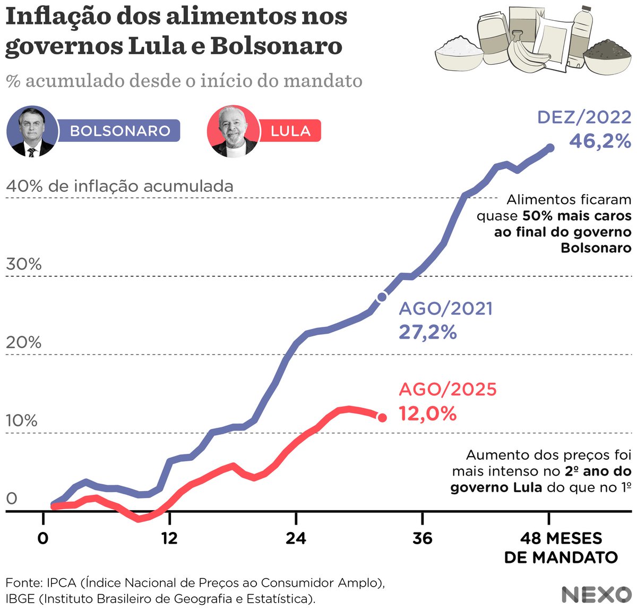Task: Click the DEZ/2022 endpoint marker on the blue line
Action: tap(550, 148)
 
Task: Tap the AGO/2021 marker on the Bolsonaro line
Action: tap(382, 297)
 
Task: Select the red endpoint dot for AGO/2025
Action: tap(382, 418)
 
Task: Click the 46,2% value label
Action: tap(600, 141)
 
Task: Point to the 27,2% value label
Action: tap(427, 333)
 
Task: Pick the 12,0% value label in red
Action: tap(427, 413)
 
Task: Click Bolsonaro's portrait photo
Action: tap(32, 131)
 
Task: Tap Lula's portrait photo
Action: tap(232, 131)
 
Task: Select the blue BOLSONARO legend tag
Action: tap(119, 131)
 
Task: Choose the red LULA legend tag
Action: tap(290, 131)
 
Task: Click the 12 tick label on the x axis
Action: tap(169, 538)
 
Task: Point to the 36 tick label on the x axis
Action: tap(422, 538)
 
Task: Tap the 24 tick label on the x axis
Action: tap(296, 538)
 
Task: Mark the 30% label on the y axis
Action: tap(24, 264)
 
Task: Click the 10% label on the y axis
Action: tap(22, 420)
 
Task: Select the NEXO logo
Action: tap(596, 594)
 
